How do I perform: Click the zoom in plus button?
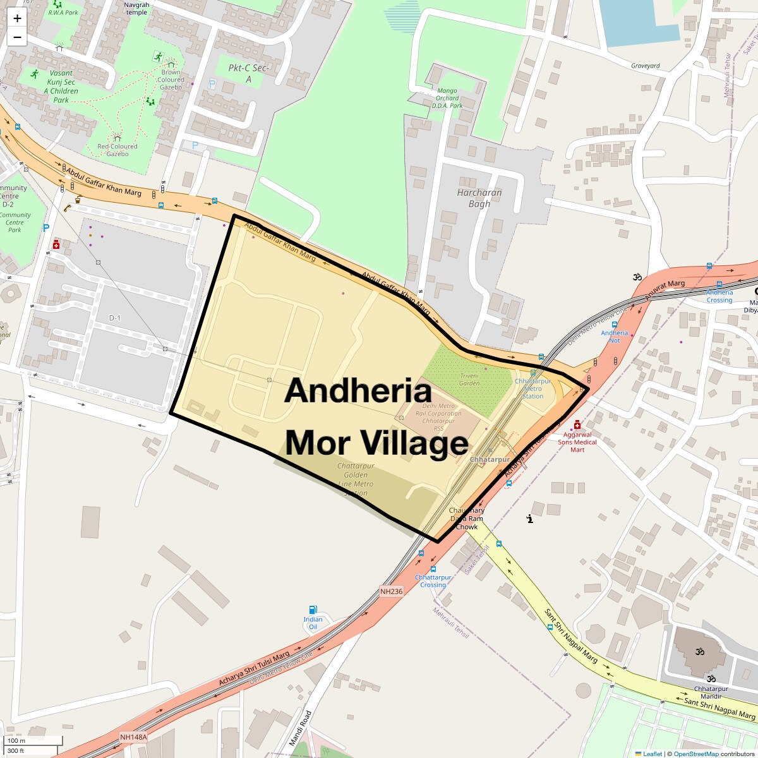pos(17,18)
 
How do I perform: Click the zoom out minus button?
pos(17,37)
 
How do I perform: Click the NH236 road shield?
pos(391,591)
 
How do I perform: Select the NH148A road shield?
pos(133,737)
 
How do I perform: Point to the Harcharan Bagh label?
pos(479,198)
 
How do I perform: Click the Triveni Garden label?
pos(469,379)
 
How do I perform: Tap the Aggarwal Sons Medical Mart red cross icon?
pos(577,424)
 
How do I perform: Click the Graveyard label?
pos(645,66)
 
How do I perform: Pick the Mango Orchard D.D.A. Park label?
pos(447,98)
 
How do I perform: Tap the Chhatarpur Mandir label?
pos(711,689)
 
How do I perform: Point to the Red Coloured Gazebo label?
pos(117,150)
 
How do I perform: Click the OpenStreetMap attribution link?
pos(695,754)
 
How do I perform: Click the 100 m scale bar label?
pos(16,740)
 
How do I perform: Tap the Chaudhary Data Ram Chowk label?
pos(467,518)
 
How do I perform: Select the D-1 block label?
pos(114,318)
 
